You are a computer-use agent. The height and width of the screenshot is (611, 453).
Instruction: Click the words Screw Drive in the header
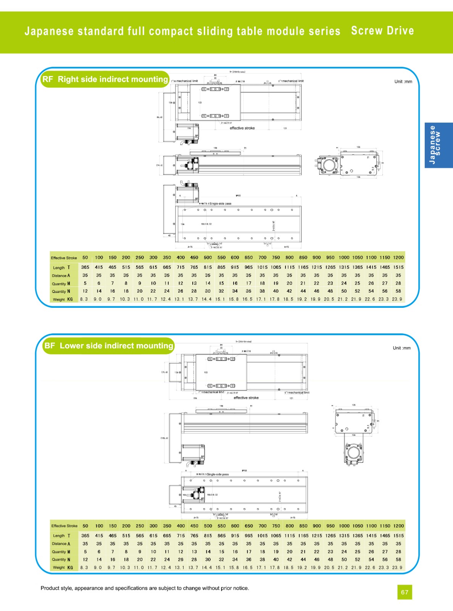point(382,31)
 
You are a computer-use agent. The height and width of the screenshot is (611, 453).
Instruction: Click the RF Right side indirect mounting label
point(105,79)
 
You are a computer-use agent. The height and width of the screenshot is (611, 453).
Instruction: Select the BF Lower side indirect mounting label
point(108,346)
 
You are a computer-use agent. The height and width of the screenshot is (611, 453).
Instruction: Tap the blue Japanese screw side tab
point(438,145)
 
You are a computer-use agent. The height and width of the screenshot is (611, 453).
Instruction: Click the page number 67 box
point(405,592)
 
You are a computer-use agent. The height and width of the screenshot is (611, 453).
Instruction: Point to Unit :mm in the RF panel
point(403,82)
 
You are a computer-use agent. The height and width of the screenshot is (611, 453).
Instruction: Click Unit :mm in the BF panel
point(401,348)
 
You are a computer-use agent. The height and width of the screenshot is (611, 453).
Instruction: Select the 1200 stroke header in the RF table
point(398,258)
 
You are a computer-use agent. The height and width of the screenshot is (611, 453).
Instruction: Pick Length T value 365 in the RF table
point(85,267)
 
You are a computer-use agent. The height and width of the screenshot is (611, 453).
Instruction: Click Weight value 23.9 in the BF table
point(397,567)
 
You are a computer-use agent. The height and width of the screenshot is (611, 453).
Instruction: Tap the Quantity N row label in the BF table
point(61,559)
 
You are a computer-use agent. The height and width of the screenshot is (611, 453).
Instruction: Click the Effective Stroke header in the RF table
point(64,258)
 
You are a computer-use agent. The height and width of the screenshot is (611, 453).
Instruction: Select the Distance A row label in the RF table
point(61,276)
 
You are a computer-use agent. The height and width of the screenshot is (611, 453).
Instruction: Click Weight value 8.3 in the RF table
point(84,299)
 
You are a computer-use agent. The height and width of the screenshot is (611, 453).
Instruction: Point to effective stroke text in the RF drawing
point(242,128)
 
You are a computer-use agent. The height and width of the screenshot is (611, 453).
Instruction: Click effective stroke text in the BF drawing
point(246,398)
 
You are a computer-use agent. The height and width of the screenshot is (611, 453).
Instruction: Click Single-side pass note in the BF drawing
point(218,474)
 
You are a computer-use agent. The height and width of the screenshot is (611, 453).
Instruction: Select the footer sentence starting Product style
point(145,588)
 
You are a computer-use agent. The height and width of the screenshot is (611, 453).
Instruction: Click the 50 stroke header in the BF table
point(85,526)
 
